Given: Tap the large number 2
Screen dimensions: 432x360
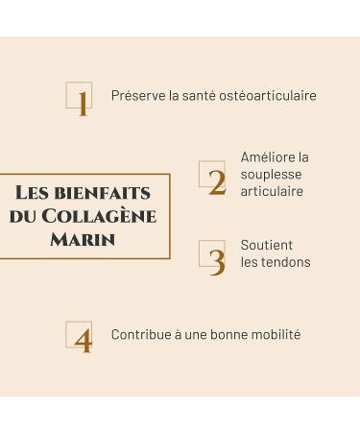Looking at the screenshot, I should [217, 181].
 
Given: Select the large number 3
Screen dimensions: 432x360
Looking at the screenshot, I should [217, 261].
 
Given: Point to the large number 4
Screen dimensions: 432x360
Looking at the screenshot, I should [83, 341].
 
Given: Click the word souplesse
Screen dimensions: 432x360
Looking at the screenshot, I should [271, 175].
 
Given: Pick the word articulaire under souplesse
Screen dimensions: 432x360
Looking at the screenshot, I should [272, 191].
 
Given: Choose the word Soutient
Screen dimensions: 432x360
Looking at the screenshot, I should [267, 245].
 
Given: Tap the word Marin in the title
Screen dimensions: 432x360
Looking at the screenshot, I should [83, 238].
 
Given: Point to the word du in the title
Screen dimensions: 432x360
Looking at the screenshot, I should [22, 216].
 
